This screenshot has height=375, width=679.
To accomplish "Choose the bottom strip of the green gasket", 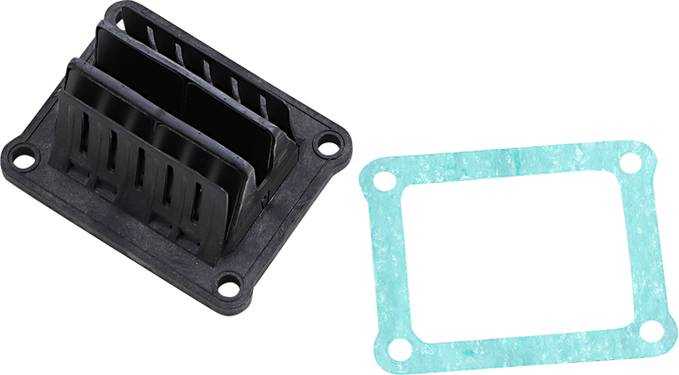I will pyautogui.click(x=528, y=339).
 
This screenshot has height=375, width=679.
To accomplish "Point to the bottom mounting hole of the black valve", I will pyautogui.click(x=228, y=280).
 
